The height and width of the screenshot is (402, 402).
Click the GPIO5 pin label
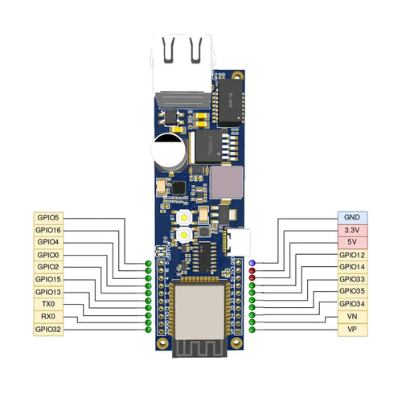click(x=47, y=217)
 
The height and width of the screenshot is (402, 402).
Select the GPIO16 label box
click(x=47, y=230)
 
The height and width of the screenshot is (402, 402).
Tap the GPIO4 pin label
click(x=47, y=242)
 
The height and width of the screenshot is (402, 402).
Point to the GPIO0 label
click(x=47, y=255)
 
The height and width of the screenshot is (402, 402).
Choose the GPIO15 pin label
click(x=47, y=279)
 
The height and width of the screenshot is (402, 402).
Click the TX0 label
click(x=47, y=304)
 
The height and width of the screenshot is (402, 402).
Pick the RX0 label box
click(x=47, y=317)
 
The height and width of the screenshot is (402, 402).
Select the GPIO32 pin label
click(x=47, y=330)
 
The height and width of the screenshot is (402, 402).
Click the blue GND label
click(x=352, y=217)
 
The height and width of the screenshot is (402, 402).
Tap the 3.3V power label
click(x=352, y=230)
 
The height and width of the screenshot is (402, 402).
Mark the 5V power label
click(x=352, y=242)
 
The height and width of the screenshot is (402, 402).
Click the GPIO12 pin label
click(x=352, y=255)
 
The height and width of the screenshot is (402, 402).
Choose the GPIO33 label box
click(x=352, y=279)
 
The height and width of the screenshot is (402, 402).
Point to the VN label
click(x=352, y=317)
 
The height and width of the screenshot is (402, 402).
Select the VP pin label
click(x=352, y=330)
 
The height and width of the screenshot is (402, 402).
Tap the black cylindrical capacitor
click(x=170, y=150)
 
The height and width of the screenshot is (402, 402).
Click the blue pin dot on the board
click(x=252, y=263)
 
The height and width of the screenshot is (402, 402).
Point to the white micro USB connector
click(x=241, y=239)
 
